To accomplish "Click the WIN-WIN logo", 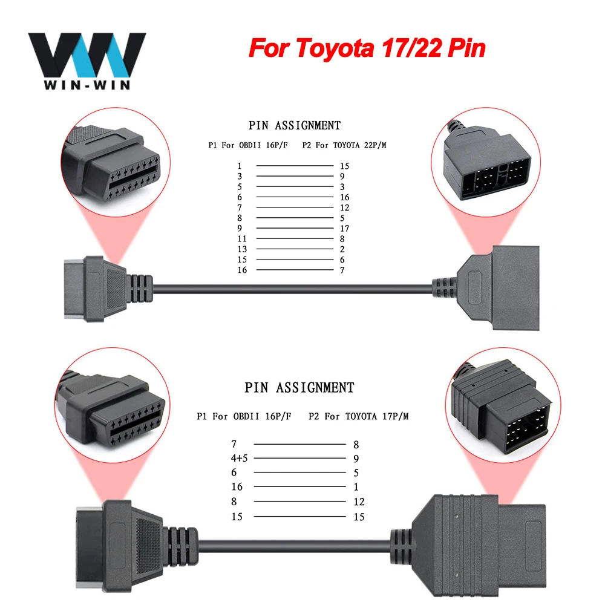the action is [87, 60].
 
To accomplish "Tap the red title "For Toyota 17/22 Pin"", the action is [367, 48].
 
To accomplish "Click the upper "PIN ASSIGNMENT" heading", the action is [295, 126].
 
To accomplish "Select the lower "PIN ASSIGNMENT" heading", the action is [299, 387].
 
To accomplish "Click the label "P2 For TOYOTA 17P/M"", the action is [359, 416].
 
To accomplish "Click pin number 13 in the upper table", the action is [243, 249].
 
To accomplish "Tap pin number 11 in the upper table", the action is [243, 238].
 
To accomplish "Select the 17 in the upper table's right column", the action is [345, 228].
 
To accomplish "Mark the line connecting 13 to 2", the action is [294, 249].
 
